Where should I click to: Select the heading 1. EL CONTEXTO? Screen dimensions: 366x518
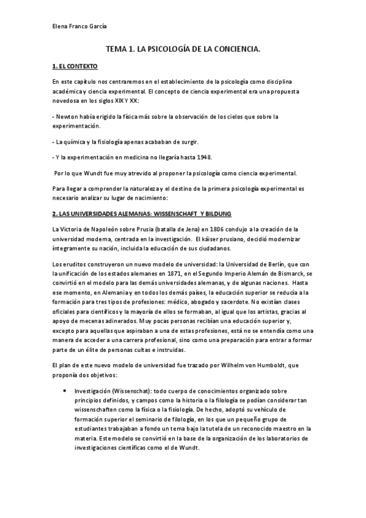(75, 66)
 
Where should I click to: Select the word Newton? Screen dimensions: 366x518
(69, 116)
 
